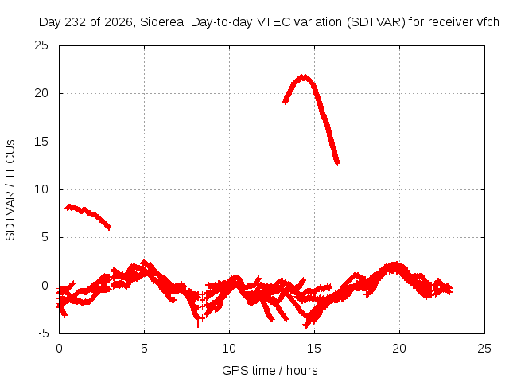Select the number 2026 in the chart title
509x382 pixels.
tap(119, 22)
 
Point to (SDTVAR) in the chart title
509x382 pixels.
tap(376, 22)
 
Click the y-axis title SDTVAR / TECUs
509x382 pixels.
tap(10, 190)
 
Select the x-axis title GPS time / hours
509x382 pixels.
tap(270, 370)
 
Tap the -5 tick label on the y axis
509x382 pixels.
tap(43, 333)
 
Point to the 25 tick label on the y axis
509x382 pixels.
tap(41, 45)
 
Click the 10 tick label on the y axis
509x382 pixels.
tap(41, 189)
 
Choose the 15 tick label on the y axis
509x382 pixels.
tap(41, 142)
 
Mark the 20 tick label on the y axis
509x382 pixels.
tap(41, 93)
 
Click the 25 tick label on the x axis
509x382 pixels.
tap(484, 349)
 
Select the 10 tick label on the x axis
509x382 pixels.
tap(229, 349)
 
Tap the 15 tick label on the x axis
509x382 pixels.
tap(314, 349)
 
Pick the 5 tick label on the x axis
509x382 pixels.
tap(144, 349)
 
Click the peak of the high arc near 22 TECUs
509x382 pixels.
tap(304, 77)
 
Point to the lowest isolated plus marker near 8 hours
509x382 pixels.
tap(198, 325)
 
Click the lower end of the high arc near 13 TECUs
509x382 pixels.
tap(337, 162)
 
